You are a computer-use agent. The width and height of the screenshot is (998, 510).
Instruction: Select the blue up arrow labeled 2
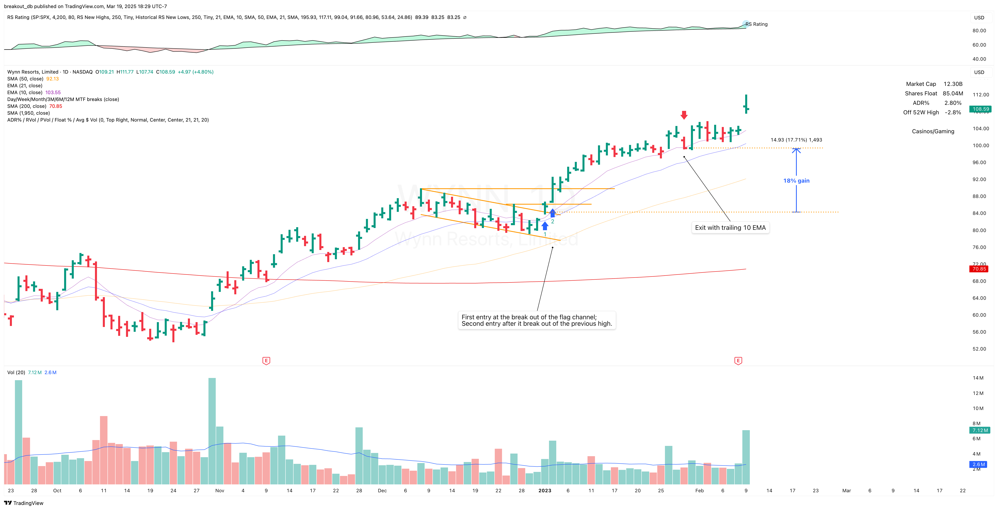click(x=552, y=213)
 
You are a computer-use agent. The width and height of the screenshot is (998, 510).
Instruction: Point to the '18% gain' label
click(x=796, y=181)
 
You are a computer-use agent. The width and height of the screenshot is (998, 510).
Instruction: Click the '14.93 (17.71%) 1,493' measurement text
click(x=796, y=140)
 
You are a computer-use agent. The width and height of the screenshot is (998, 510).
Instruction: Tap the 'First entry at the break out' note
click(x=537, y=320)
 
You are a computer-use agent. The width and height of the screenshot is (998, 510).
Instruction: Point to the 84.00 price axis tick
click(x=979, y=213)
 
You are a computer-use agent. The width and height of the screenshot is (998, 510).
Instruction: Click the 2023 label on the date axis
click(x=545, y=491)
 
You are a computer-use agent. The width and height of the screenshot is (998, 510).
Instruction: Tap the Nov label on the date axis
click(x=220, y=491)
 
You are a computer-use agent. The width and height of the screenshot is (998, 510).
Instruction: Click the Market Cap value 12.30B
click(x=953, y=84)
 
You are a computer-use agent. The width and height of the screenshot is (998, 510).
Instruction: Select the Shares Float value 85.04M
click(x=953, y=93)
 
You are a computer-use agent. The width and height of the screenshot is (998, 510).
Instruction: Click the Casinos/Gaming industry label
click(x=933, y=131)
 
